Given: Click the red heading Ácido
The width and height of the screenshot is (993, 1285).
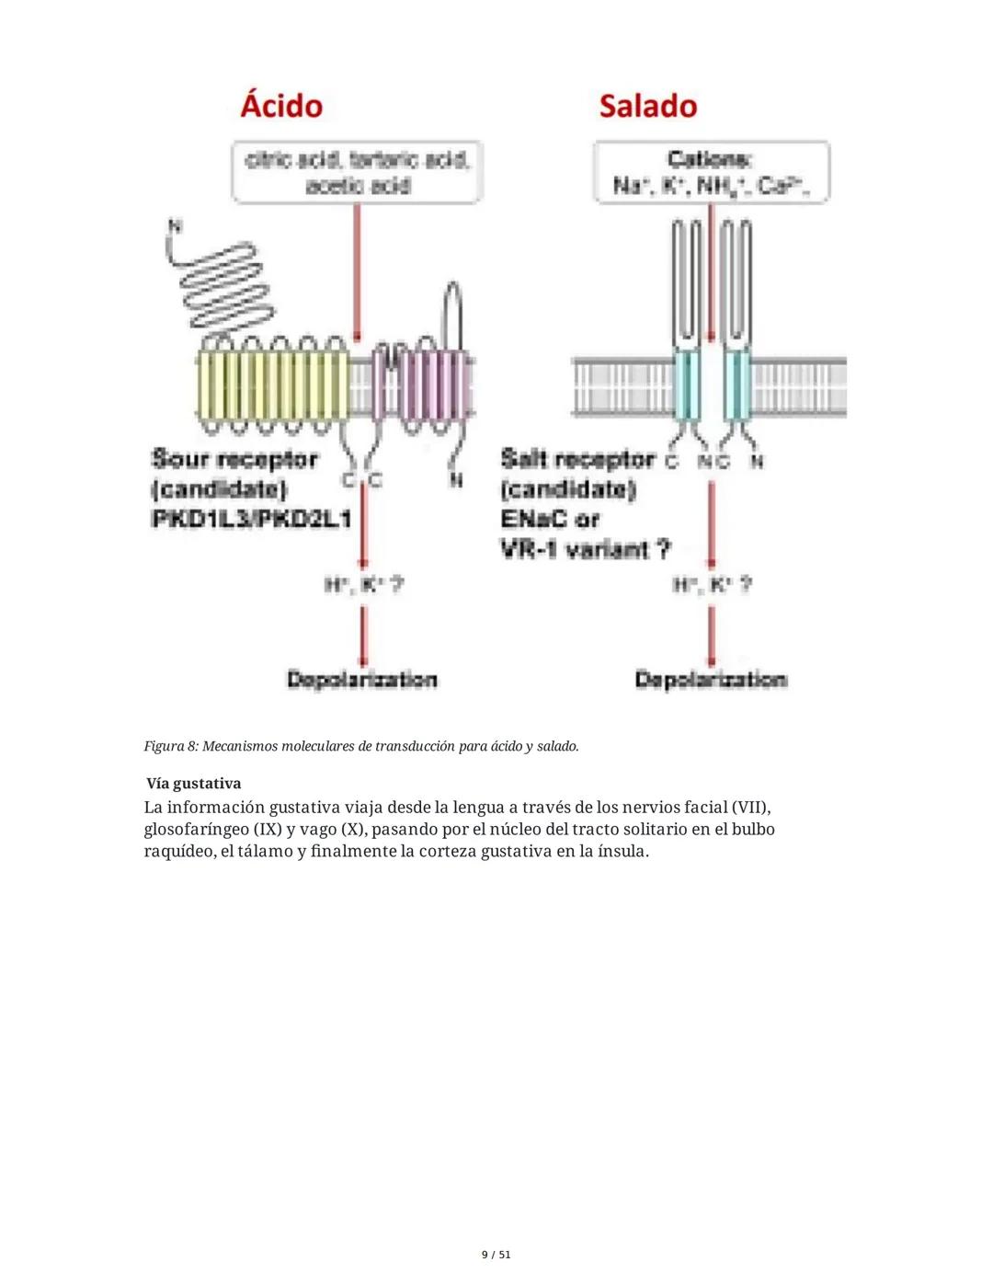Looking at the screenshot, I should coord(281,106).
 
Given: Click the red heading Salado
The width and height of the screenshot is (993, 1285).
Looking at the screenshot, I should coord(647,106).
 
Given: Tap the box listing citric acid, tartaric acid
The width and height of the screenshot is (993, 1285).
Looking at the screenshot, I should coord(357,172).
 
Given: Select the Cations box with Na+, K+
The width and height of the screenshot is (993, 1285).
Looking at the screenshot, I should coord(711,172).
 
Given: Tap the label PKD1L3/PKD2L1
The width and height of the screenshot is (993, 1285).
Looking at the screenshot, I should coord(251,519).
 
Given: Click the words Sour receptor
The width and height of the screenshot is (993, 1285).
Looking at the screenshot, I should coord(234,458).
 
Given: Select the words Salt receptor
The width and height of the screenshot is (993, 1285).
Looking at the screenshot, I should coord(577,458).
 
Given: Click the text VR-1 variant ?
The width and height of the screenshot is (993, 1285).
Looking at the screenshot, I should coord(586,550).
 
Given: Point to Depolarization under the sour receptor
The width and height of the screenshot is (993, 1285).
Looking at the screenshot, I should coord(361,680).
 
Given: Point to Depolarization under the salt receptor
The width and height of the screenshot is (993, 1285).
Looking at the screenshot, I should coord(710,680).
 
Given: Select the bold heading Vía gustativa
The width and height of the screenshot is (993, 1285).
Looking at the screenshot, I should coord(193,784).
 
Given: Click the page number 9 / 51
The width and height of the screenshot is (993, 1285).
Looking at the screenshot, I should coord(496,1255).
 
